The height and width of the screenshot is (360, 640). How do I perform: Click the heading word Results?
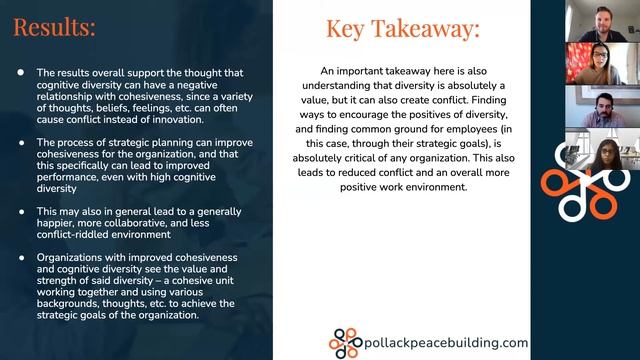point(55,26)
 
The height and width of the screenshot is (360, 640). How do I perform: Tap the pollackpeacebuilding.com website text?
point(445,342)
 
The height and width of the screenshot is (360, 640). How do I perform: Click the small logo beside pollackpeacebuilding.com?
point(344,342)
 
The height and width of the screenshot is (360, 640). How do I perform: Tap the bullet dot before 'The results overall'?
point(22,73)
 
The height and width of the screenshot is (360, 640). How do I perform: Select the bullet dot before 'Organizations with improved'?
point(22,257)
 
